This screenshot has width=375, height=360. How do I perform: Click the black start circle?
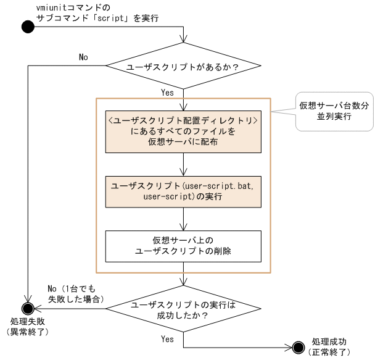[x=27, y=27]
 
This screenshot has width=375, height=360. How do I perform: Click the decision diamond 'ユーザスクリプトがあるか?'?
[x=183, y=65]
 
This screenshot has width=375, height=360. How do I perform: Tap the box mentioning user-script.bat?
[x=183, y=191]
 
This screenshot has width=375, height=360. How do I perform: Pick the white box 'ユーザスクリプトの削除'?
[x=183, y=246]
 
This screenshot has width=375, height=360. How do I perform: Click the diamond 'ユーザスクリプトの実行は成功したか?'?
[x=183, y=309]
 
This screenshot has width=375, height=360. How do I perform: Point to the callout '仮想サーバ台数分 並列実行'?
[x=333, y=112]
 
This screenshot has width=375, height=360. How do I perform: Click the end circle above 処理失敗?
[x=27, y=309]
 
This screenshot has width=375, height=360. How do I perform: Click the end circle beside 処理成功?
[x=299, y=346]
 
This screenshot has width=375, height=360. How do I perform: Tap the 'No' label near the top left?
[x=83, y=57]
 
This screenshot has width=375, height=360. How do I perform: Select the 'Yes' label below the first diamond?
[x=167, y=92]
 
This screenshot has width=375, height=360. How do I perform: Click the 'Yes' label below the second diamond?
[x=167, y=338]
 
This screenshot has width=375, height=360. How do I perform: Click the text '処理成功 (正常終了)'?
[x=330, y=347]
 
